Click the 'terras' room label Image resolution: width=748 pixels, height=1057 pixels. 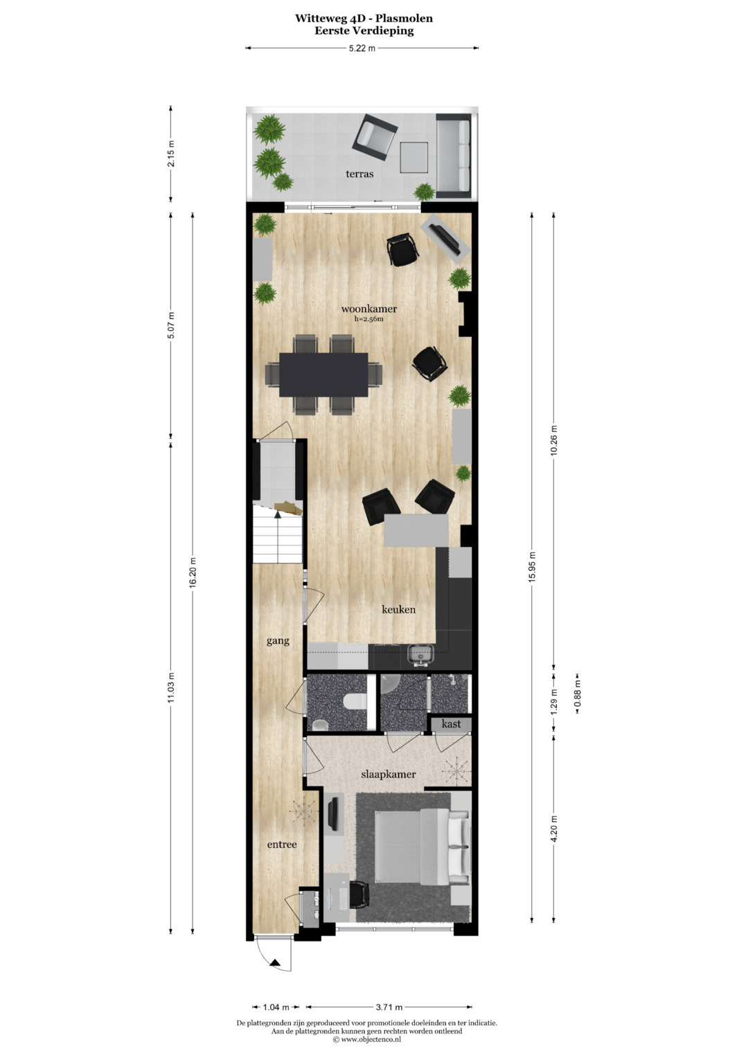359,174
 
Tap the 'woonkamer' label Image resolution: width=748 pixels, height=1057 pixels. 368,309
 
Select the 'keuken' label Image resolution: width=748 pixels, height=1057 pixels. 398,609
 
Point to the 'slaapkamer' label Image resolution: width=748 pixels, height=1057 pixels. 388,775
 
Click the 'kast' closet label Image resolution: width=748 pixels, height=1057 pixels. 451,724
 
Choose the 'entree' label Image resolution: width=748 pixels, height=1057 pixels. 282,844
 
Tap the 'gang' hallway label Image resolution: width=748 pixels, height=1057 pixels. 278,641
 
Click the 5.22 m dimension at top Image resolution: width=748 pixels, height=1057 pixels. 362,48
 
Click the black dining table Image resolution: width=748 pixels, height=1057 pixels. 323,374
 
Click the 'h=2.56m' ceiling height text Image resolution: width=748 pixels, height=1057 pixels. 368,319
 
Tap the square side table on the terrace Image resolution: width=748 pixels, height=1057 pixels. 413,158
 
